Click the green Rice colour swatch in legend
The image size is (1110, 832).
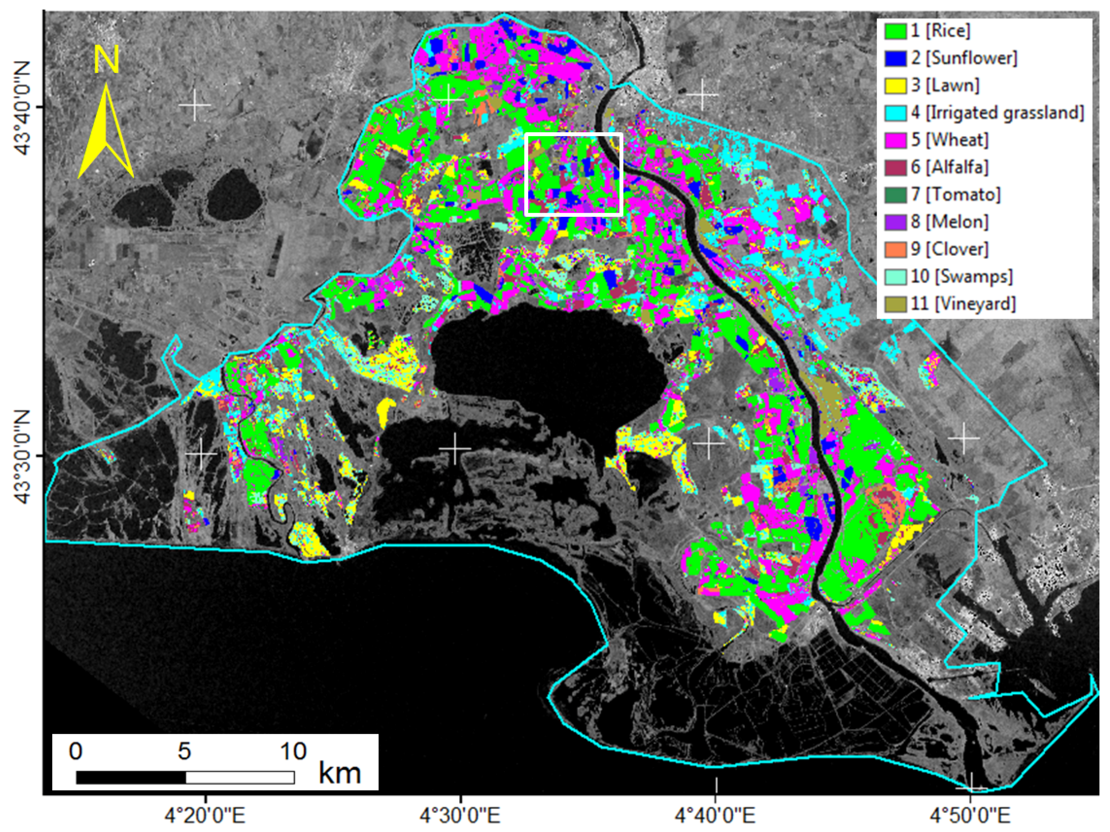click(895, 31)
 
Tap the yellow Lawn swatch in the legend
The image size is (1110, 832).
click(895, 86)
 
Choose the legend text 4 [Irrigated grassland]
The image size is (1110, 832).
click(997, 113)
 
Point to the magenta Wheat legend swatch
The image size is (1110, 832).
click(895, 140)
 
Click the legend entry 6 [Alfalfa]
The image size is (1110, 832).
click(949, 167)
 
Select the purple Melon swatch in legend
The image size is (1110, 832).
click(895, 222)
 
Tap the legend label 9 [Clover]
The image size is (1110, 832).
click(949, 249)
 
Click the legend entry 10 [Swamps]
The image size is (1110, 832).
click(961, 276)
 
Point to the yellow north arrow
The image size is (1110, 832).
click(106, 133)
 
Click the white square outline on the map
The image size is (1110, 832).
click(574, 134)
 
